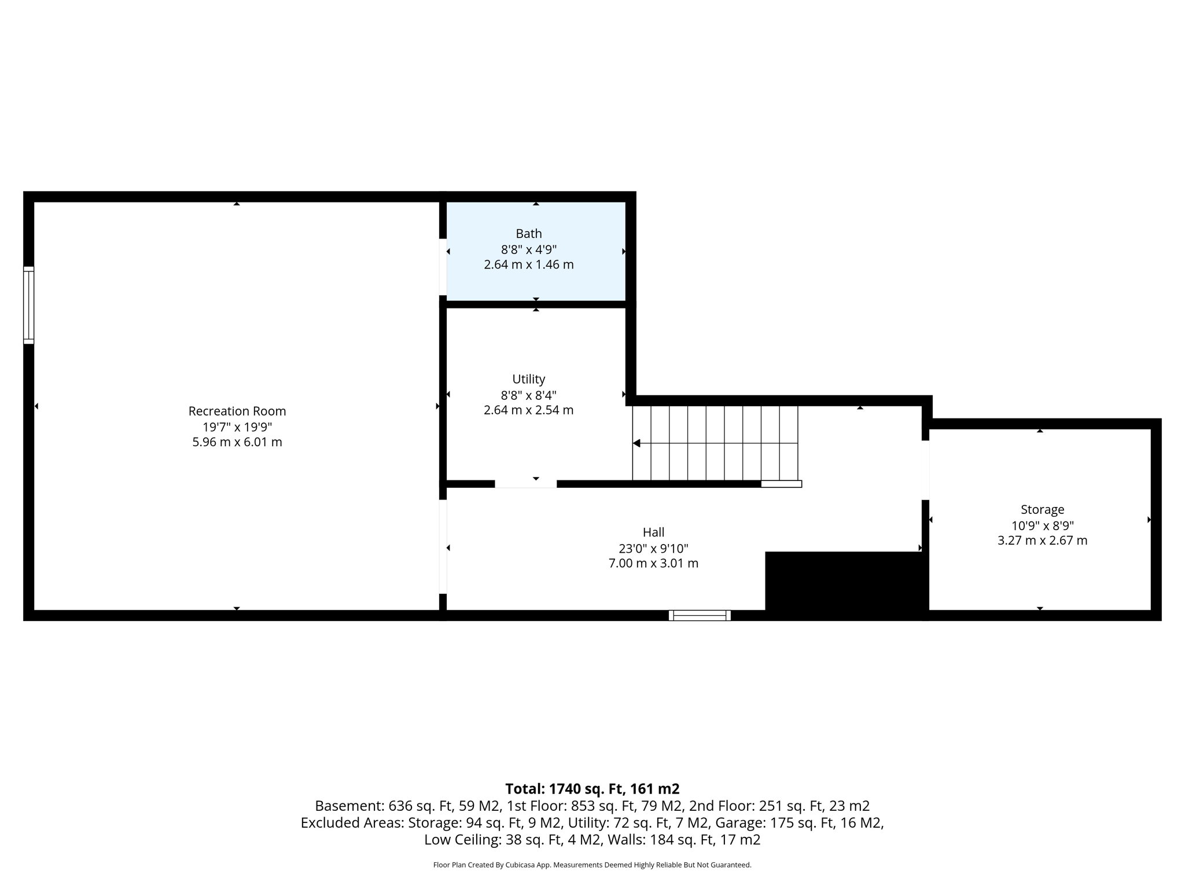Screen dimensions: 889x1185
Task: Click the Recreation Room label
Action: coord(237,411)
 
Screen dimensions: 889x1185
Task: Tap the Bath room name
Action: coord(529,234)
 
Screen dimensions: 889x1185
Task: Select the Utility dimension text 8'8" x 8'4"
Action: coord(529,395)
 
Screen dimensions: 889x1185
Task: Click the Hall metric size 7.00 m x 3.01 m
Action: coord(653,563)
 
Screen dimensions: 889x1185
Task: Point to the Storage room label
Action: coord(1042,509)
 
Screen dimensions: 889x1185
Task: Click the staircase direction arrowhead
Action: coord(636,443)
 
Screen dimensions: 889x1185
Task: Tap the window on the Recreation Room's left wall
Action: coord(29,305)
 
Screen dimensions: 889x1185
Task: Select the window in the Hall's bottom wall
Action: coord(700,615)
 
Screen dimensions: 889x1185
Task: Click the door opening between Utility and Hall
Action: coord(525,484)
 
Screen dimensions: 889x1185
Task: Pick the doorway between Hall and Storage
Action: coord(925,470)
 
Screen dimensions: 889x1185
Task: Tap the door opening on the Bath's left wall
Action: coord(443,267)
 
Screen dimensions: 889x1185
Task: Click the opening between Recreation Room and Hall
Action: coord(443,546)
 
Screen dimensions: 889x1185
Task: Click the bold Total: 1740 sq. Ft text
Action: coord(592,789)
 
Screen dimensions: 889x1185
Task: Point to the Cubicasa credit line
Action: coord(592,865)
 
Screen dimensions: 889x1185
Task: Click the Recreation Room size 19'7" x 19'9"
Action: coord(237,427)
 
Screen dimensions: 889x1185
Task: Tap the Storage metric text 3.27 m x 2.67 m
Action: coord(1042,541)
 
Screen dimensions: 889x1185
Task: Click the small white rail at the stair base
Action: coord(781,484)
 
